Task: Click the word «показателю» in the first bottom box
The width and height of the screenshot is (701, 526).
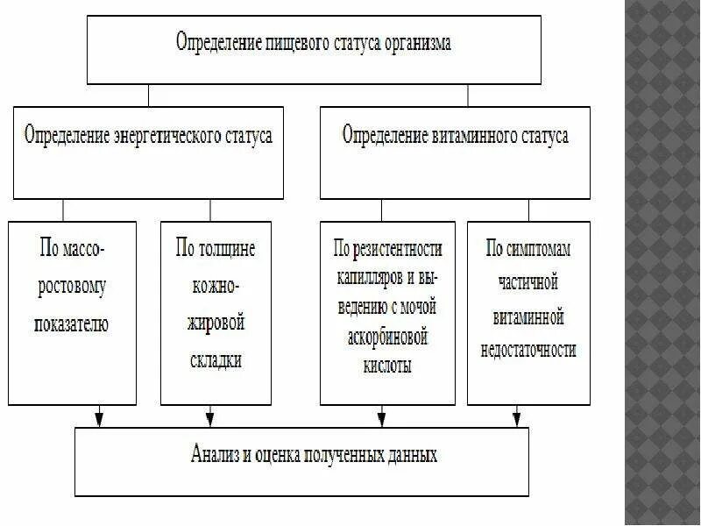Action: tap(72, 323)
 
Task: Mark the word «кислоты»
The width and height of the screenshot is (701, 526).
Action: tap(386, 366)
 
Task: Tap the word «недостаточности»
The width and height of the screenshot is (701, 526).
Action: tap(528, 350)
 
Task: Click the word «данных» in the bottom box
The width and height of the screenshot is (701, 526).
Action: tap(408, 455)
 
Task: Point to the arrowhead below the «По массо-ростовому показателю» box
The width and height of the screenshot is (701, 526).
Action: tap(99, 418)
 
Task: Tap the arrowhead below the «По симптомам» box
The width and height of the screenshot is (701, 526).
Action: tap(517, 418)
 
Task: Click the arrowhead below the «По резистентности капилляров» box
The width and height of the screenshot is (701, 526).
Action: tap(380, 418)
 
